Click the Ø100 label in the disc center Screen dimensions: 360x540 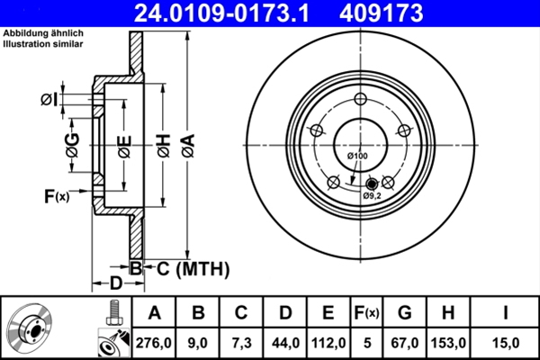(358, 157)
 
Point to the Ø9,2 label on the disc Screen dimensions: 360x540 (373, 195)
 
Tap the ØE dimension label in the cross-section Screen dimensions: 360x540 (123, 144)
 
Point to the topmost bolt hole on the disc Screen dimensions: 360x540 (360, 100)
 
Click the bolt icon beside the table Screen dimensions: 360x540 (113, 312)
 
